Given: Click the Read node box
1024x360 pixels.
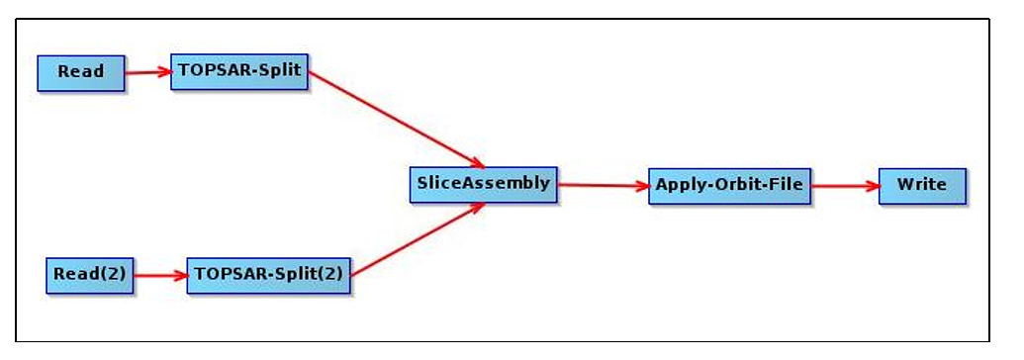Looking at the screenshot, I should click(81, 72).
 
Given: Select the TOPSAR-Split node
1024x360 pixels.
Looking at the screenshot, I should click(238, 71).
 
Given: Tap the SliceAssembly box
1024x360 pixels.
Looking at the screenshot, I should click(483, 184).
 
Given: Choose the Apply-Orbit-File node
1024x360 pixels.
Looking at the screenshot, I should click(729, 185).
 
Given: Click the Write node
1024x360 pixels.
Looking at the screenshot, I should click(921, 185).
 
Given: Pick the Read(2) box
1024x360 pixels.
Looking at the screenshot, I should click(90, 274).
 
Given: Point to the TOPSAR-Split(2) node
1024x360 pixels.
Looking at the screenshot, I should click(268, 274).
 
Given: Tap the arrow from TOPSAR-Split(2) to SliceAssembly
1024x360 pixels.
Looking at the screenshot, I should click(416, 238).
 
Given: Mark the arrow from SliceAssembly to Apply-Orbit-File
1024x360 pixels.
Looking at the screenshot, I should click(602, 185).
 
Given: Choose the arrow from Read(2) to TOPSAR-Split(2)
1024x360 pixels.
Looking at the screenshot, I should click(159, 275).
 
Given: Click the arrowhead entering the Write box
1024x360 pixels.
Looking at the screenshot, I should click(872, 185).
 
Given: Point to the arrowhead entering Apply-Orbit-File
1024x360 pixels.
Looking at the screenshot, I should click(641, 185).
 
